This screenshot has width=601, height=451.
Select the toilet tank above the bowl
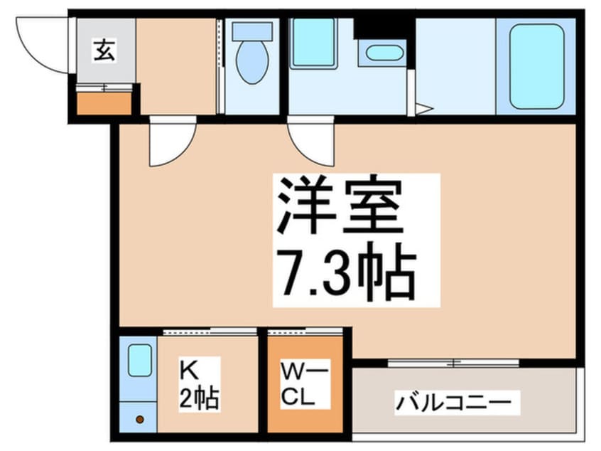(252, 31)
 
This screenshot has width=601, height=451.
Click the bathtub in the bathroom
(536, 65)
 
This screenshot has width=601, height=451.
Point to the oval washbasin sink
(384, 53)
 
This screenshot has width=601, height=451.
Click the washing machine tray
(313, 43)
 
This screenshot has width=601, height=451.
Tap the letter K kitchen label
(190, 371)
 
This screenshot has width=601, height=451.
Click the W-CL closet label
(305, 384)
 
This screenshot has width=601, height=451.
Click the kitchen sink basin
(140, 360)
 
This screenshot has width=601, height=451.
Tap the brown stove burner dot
(140, 420)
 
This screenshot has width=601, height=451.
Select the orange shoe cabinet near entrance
(104, 104)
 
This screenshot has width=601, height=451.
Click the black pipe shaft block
(384, 28)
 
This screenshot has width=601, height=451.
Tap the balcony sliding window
(453, 363)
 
